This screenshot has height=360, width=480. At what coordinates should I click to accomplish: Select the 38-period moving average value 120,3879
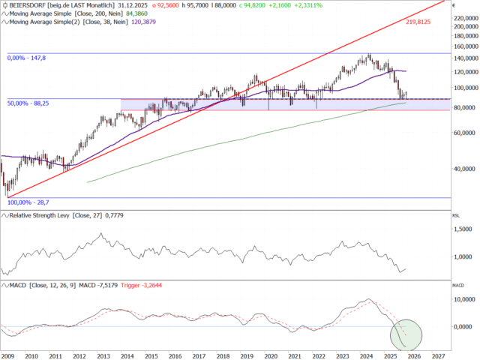(x=169, y=21)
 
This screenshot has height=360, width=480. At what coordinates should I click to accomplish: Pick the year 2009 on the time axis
(x=8, y=356)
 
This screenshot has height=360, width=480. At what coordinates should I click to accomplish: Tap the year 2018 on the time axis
(x=223, y=356)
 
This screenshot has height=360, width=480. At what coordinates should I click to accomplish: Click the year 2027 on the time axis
(x=439, y=356)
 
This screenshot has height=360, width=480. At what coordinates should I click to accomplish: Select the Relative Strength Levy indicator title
(x=49, y=216)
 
